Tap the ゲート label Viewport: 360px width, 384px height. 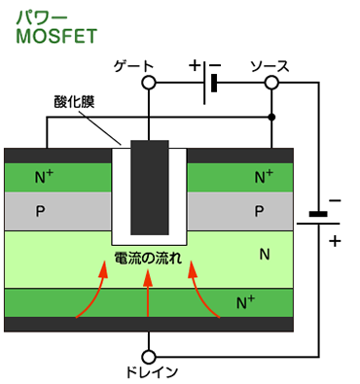pos(134,65)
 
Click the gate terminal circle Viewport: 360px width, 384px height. pos(149,84)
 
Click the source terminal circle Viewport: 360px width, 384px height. pos(271,84)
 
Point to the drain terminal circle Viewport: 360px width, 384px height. pos(149,356)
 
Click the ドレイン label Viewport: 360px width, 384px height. pos(149,373)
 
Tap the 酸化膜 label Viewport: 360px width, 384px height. pos(74,101)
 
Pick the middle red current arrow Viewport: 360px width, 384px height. pos(148,296)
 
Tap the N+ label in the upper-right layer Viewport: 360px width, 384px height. pos(264,177)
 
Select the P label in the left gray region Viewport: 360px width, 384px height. pos(40,210)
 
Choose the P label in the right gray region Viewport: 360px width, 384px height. pos(259,210)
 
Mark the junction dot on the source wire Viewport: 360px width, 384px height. pos(271,118)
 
